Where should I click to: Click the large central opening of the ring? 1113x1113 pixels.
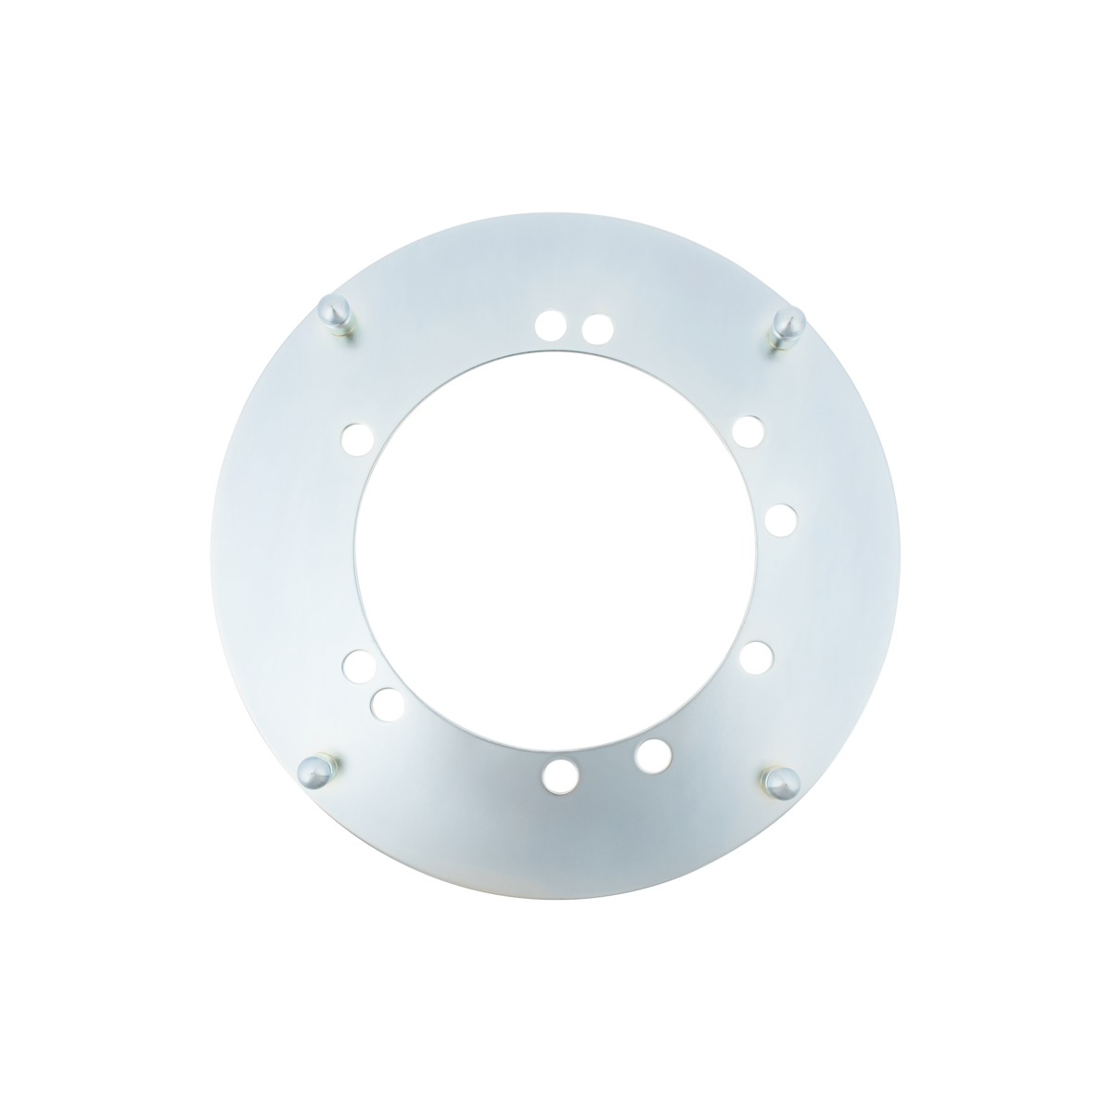tap(556, 547)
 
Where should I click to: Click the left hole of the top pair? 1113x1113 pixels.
tap(550, 325)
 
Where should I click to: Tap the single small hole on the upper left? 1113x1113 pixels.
tap(355, 435)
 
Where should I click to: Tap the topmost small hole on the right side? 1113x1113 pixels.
tap(748, 432)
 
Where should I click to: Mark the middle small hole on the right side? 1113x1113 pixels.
tap(781, 518)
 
